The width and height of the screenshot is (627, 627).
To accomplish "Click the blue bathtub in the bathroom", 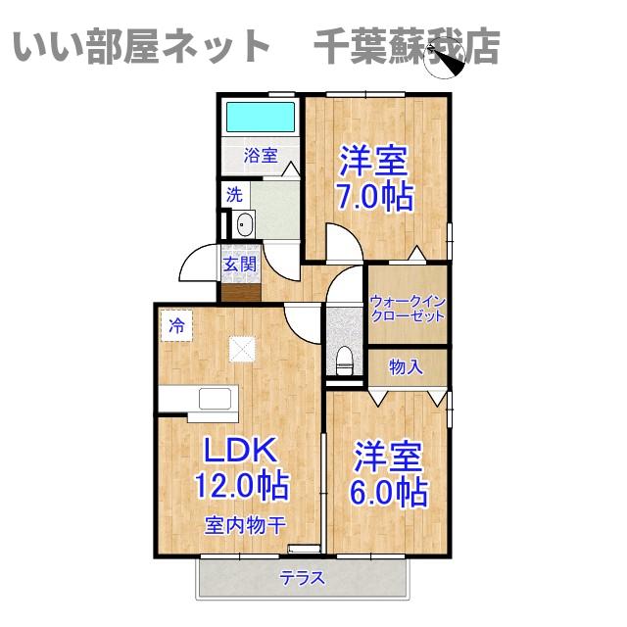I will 261,118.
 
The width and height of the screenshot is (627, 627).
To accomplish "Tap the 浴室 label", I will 261,155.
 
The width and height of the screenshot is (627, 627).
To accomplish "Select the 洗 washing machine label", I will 234,194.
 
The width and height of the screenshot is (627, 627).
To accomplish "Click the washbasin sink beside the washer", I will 243,225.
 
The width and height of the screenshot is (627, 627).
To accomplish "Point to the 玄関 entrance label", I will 239,264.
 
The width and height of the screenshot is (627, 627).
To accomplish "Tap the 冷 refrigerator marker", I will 176,324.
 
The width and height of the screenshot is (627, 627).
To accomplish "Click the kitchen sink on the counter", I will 216,400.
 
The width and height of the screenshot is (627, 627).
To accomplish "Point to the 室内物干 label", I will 244,525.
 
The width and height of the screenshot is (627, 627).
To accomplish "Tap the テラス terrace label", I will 303,578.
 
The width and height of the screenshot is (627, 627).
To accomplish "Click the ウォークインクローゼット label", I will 409,309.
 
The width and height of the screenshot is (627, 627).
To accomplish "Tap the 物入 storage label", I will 406,367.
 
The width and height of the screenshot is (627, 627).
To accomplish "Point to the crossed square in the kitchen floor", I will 242,349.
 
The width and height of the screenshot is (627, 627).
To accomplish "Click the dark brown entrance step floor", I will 241,290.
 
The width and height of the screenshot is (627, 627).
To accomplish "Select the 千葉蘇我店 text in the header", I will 407,46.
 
